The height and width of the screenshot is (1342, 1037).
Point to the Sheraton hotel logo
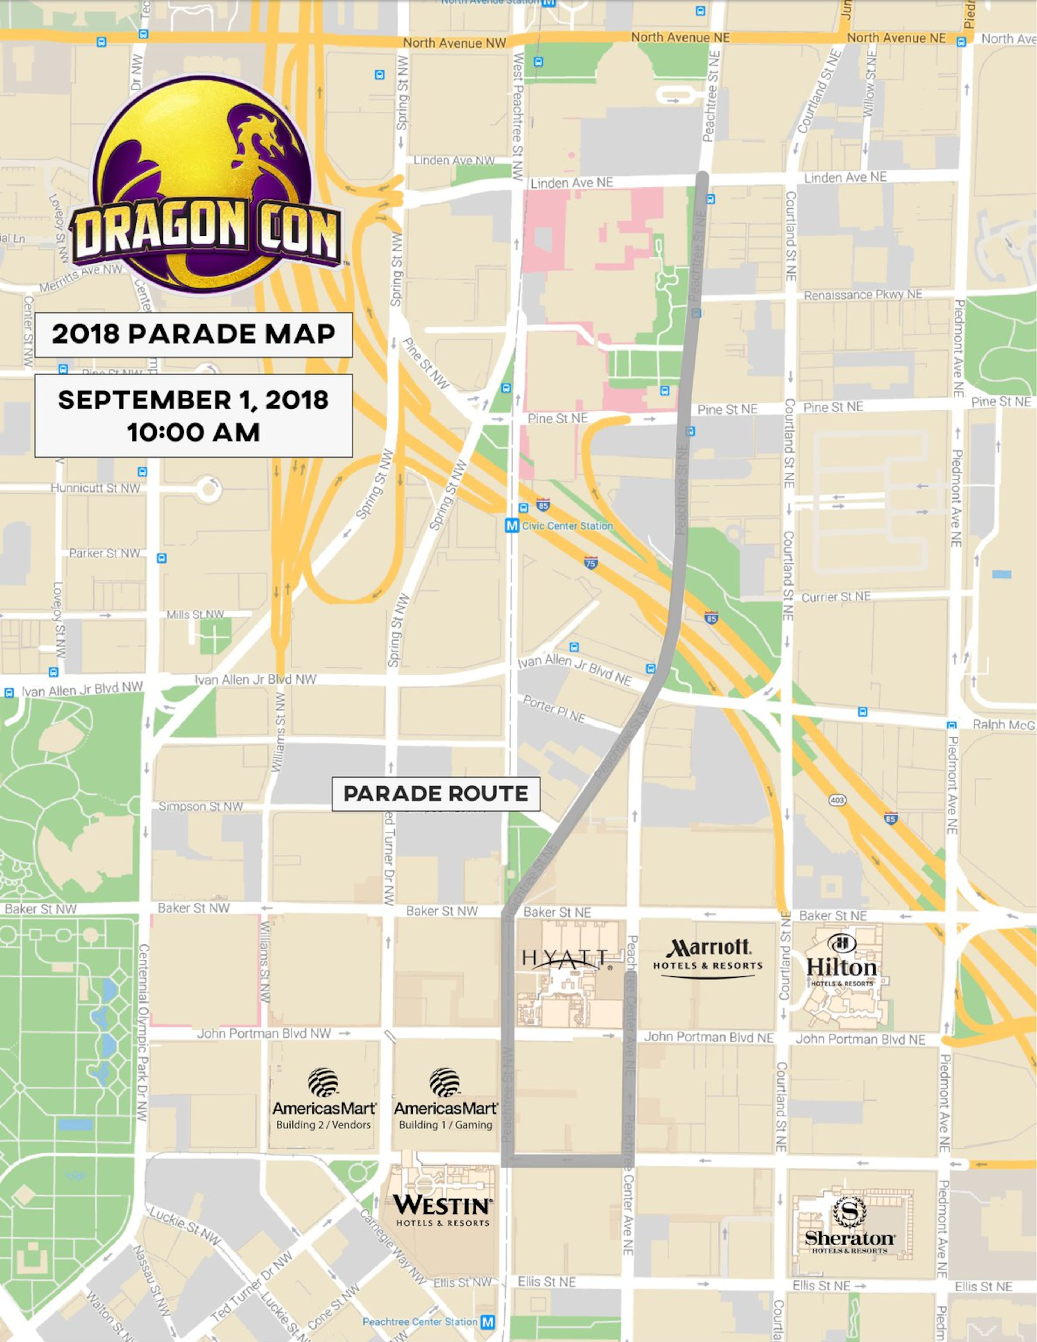[x=850, y=1225]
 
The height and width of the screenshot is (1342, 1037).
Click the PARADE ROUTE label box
[x=436, y=793]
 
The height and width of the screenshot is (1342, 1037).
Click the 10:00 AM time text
[x=194, y=432]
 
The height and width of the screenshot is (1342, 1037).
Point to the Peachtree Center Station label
[x=420, y=1321]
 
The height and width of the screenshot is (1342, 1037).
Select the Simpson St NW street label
[x=200, y=806]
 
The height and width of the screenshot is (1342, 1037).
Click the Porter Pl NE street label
[x=554, y=708]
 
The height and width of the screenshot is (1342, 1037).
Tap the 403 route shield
[x=837, y=800]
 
